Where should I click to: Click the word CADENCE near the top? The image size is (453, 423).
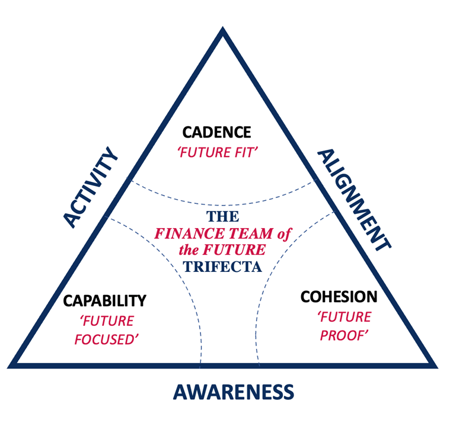point(216,132)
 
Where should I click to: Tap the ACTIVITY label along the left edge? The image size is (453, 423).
point(91,188)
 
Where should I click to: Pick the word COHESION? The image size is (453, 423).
point(339,296)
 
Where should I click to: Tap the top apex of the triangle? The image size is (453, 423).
point(222,31)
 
